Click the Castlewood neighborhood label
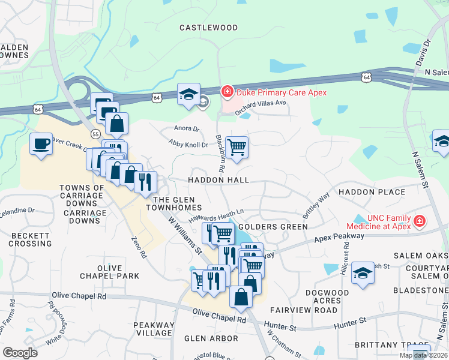(x=209, y=28)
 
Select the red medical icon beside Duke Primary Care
(x=227, y=92)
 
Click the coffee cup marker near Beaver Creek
(x=41, y=144)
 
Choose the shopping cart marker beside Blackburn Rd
(x=237, y=146)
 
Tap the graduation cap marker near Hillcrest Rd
(x=363, y=272)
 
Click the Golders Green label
(x=273, y=227)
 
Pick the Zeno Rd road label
(x=139, y=247)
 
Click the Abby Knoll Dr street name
(x=188, y=144)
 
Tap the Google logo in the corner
(x=20, y=352)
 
